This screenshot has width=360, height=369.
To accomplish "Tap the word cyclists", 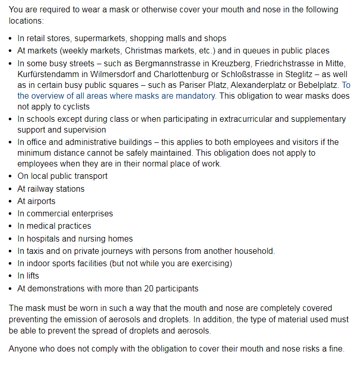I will pos(74,107).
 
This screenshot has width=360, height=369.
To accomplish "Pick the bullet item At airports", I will pos(36,201).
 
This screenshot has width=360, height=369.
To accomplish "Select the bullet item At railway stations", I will pos(51,189).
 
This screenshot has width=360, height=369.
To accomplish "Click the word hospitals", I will pos(44,238).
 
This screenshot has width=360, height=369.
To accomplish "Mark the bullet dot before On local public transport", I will pos(11,176).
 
